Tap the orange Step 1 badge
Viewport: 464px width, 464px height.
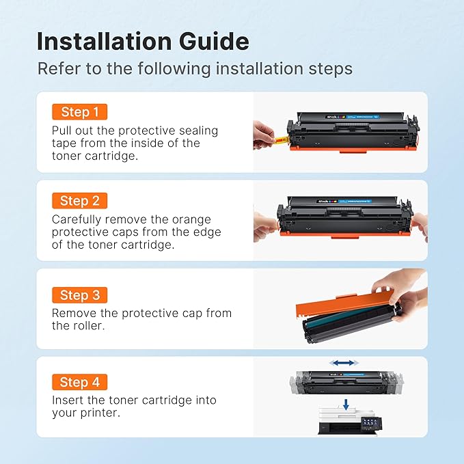79,112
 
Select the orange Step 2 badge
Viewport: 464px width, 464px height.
79,201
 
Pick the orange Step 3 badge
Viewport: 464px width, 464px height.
79,295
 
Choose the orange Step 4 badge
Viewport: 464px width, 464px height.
79,383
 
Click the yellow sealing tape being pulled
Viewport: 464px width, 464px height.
279,141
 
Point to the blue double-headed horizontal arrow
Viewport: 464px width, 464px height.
342,363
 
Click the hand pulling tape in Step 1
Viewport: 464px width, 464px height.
262,135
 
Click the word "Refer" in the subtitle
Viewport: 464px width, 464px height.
56,68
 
